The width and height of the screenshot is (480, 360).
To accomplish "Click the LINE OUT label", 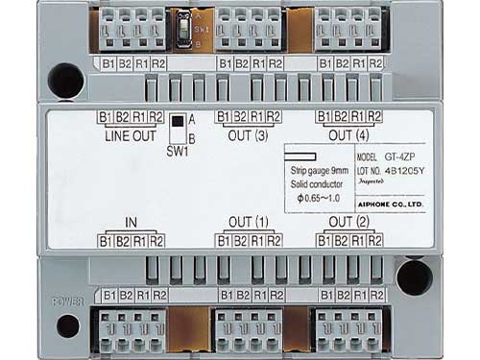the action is coord(129,134).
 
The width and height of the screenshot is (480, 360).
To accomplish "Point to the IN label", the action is coord(131,224).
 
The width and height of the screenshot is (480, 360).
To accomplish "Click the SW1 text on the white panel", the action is coord(176,152).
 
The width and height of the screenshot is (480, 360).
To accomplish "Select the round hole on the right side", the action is coord(414,277).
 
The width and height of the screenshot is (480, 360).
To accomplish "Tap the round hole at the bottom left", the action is coord(67,325).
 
